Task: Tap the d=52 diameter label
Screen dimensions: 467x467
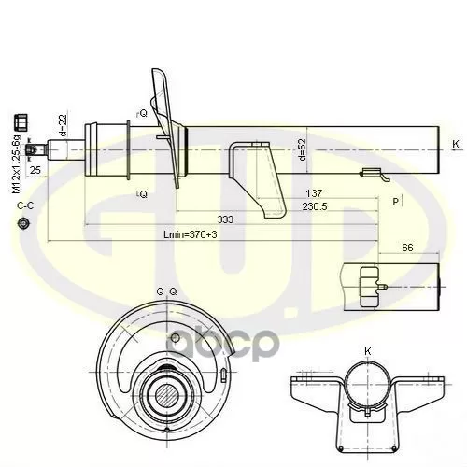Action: tap(303, 149)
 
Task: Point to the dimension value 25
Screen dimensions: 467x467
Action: tap(35, 171)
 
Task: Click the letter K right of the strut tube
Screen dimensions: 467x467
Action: tap(455, 143)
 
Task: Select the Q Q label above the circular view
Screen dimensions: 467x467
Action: tap(166, 292)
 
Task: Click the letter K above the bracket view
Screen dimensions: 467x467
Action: tap(367, 350)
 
